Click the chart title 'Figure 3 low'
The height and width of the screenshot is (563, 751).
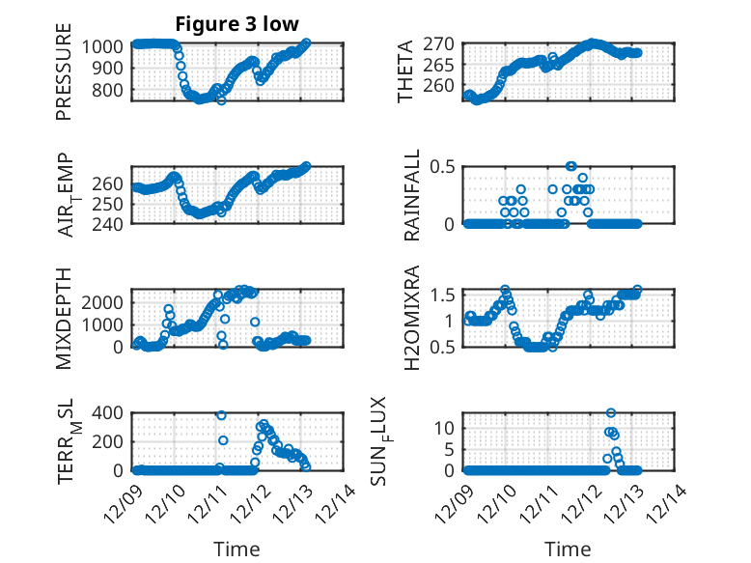point(237,24)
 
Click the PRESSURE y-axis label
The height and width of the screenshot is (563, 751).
point(65,78)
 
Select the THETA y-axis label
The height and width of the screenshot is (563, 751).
point(405,71)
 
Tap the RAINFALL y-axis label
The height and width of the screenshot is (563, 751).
point(412,195)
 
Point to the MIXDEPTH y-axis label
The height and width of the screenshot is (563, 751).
point(65,317)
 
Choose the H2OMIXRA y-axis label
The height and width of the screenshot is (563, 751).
point(412,317)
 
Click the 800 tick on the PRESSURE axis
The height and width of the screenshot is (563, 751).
point(110,90)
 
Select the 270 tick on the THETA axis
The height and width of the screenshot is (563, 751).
point(441,44)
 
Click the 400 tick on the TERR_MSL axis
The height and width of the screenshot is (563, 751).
point(110,413)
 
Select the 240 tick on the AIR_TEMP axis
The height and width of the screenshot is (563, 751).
point(110,224)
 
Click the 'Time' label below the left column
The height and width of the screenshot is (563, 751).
point(237,549)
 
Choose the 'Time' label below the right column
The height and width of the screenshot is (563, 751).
point(568,549)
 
